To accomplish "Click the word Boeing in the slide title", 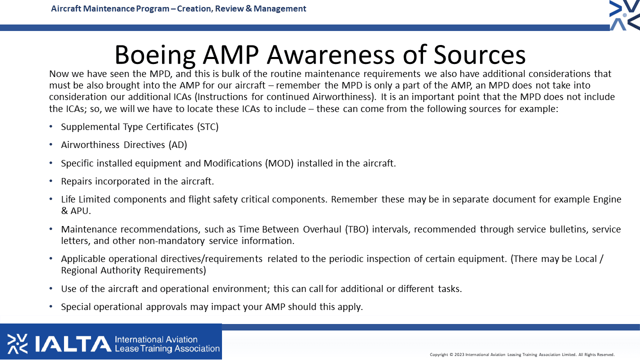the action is [x=155, y=55].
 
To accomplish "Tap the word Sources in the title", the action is [x=479, y=54].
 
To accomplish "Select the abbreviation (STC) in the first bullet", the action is [x=207, y=127].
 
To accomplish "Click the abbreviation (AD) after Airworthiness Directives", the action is [x=177, y=145].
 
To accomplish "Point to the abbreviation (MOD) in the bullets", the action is [x=279, y=163].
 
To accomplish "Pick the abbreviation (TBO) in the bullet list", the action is [x=356, y=229].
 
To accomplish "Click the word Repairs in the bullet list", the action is [x=76, y=181].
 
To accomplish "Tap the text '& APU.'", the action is [x=75, y=211].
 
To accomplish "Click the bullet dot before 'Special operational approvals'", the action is [x=51, y=306].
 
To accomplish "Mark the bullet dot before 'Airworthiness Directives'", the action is [x=51, y=144].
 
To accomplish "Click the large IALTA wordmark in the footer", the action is [x=73, y=343].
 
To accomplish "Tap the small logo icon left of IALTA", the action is [x=17, y=343].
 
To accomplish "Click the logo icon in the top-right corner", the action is [x=624, y=15].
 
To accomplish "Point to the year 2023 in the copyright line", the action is [x=459, y=354].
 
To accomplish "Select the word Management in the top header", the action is [x=279, y=8].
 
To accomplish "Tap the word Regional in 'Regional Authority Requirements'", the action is [x=79, y=270].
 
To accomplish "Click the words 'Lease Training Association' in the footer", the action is [x=167, y=348].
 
